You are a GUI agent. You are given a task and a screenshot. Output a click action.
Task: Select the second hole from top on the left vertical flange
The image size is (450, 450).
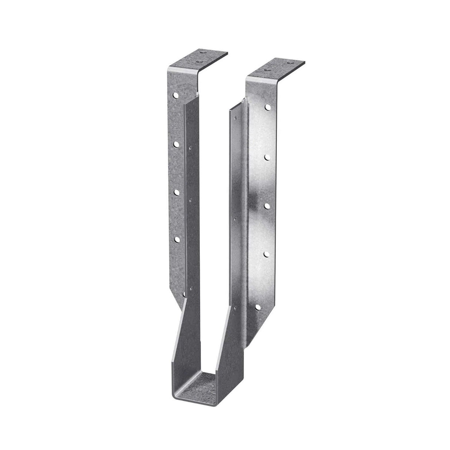pyautogui.click(x=176, y=143)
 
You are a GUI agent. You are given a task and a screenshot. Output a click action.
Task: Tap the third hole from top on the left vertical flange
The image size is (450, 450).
pyautogui.click(x=176, y=192)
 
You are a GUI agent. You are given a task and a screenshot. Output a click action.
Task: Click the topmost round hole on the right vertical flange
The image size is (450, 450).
pyautogui.click(x=267, y=107)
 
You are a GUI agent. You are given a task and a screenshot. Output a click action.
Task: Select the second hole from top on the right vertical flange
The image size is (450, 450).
pyautogui.click(x=267, y=157)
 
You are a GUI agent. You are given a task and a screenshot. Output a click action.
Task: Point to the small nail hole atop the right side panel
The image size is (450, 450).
pyautogui.click(x=234, y=118)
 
